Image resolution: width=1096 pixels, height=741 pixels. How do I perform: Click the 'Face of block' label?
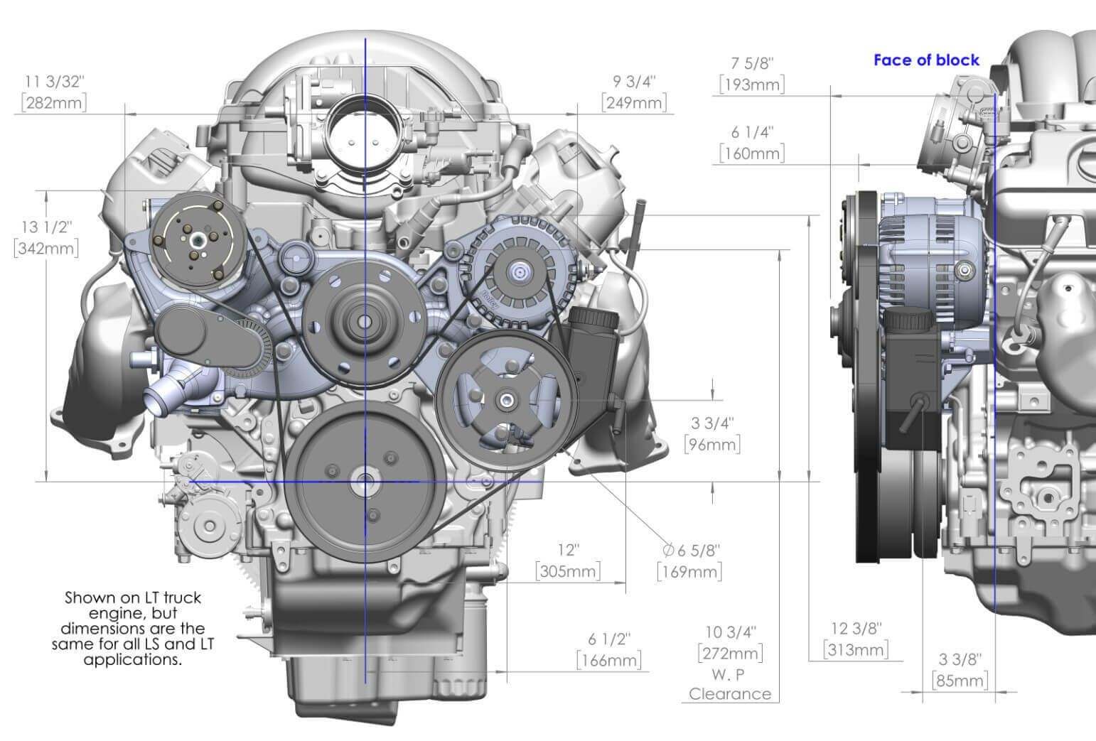click(x=925, y=60)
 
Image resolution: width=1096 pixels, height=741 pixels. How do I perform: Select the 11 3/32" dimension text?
click(x=53, y=81)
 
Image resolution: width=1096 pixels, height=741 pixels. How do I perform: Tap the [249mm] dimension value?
click(x=635, y=103)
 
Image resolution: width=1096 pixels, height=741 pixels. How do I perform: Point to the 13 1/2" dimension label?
click(x=47, y=227)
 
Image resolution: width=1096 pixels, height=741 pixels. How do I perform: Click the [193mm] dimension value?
click(x=751, y=85)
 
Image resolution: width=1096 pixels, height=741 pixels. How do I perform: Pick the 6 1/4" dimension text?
click(x=751, y=132)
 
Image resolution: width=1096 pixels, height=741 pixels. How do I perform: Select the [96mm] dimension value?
click(x=711, y=445)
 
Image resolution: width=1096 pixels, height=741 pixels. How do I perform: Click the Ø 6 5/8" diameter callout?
click(x=690, y=550)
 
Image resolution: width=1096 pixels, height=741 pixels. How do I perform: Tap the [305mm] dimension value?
click(x=568, y=571)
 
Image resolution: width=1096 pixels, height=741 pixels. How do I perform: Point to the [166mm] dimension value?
click(x=608, y=660)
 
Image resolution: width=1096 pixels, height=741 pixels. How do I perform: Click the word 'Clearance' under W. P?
click(x=730, y=694)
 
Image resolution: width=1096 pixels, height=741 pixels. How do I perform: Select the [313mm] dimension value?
click(x=856, y=649)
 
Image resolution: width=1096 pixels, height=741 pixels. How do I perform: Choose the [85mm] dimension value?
click(x=960, y=681)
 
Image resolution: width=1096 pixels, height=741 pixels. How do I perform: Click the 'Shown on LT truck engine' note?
click(x=133, y=628)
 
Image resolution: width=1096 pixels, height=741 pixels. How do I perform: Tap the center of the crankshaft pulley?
click(x=364, y=481)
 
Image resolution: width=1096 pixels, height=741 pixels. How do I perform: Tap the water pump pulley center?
click(x=364, y=322)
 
